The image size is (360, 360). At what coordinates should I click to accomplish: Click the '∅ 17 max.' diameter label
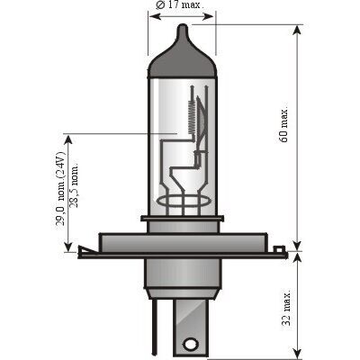point(180,5)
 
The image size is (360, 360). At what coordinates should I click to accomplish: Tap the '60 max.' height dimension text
point(284,124)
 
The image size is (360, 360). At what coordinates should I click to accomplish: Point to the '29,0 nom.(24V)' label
point(61,189)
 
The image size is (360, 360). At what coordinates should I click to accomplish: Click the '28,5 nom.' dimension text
point(74,185)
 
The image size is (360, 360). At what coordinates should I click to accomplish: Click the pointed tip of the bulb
point(183,25)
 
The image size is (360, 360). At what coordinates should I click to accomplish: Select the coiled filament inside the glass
point(192,118)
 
